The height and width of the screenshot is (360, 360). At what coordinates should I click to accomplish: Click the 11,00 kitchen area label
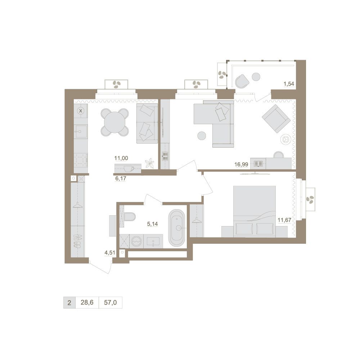click(x=121, y=158)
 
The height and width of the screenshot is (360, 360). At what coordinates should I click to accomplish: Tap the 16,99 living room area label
click(x=241, y=164)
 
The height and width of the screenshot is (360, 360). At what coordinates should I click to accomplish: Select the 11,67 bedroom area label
click(x=284, y=220)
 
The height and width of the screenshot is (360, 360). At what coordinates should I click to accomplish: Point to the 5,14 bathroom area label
click(x=152, y=224)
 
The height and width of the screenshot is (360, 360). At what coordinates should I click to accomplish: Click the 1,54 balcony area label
click(x=289, y=84)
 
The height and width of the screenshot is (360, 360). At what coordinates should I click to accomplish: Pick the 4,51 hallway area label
click(x=110, y=253)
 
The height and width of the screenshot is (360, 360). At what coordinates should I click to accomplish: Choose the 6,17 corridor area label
click(x=121, y=178)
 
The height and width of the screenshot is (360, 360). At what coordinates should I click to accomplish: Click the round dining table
click(x=114, y=122)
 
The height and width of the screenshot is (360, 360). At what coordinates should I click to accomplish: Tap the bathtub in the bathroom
click(x=176, y=228)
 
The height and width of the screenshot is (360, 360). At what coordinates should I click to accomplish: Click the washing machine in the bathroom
click(x=136, y=241)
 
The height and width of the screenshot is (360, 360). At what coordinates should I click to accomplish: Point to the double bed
click(x=255, y=211)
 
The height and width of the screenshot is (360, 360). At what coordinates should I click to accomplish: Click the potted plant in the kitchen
click(x=150, y=163)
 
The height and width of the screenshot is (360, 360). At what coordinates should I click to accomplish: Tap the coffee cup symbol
click(x=129, y=168)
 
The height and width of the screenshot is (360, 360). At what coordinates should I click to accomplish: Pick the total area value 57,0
click(x=110, y=302)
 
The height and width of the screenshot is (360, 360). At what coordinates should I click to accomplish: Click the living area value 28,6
click(x=87, y=302)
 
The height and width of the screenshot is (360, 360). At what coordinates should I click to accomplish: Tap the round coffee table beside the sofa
click(x=202, y=136)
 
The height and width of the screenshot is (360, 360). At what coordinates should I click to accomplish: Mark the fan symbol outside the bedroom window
click(x=310, y=199)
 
